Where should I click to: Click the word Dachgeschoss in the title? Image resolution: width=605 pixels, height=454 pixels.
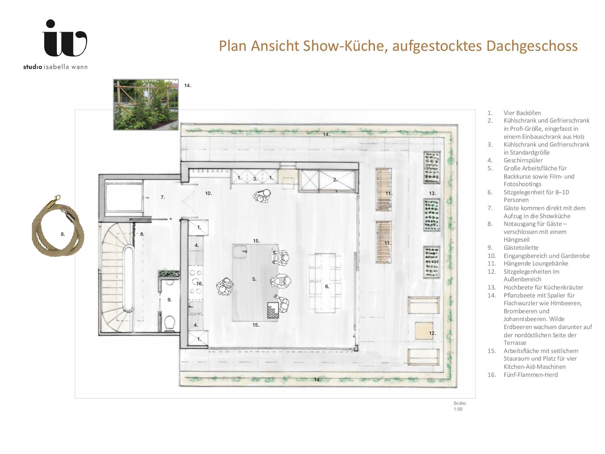point(532,46)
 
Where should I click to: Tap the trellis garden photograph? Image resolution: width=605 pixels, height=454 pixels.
point(146,105)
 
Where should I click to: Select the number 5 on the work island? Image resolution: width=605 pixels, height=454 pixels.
point(254,279)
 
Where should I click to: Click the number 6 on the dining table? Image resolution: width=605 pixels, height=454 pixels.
point(327,286)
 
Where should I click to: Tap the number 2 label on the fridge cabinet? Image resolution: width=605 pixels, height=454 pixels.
point(335,180)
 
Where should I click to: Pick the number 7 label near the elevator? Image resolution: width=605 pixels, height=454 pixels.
point(163,197)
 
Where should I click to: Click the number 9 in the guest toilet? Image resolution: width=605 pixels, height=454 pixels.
point(170,300)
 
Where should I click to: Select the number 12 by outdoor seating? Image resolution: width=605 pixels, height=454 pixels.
point(432,333)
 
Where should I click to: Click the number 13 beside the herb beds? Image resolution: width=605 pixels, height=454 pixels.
point(432,193)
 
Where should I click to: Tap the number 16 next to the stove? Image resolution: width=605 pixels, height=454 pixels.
point(200,283)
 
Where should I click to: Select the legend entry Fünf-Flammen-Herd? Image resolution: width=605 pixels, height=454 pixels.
point(531,375)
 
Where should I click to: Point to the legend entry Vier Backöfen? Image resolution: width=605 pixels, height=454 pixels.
point(522,113)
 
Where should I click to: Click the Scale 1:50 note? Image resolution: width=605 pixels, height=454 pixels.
point(460,406)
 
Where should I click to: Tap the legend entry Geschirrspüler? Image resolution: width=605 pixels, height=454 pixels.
point(523,160)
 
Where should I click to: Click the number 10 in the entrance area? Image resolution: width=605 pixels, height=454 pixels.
point(209,193)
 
